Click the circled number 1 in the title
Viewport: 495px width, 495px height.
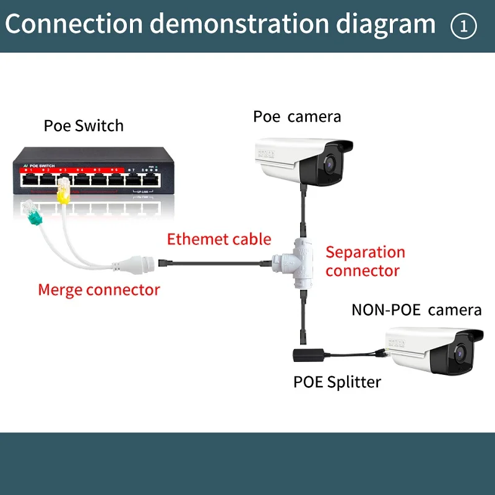pyautogui.click(x=463, y=26)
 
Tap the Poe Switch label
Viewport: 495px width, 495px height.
pyautogui.click(x=84, y=126)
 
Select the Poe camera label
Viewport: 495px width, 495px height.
pyautogui.click(x=297, y=116)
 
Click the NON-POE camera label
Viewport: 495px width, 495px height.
pyautogui.click(x=416, y=309)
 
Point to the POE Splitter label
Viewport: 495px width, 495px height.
pyautogui.click(x=337, y=382)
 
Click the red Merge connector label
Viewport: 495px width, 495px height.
pyautogui.click(x=99, y=290)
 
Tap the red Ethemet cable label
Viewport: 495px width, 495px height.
pyautogui.click(x=219, y=239)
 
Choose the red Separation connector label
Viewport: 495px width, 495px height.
pyautogui.click(x=365, y=261)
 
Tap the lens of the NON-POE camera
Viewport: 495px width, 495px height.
pyautogui.click(x=461, y=355)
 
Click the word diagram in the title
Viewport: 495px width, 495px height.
pyautogui.click(x=383, y=25)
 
